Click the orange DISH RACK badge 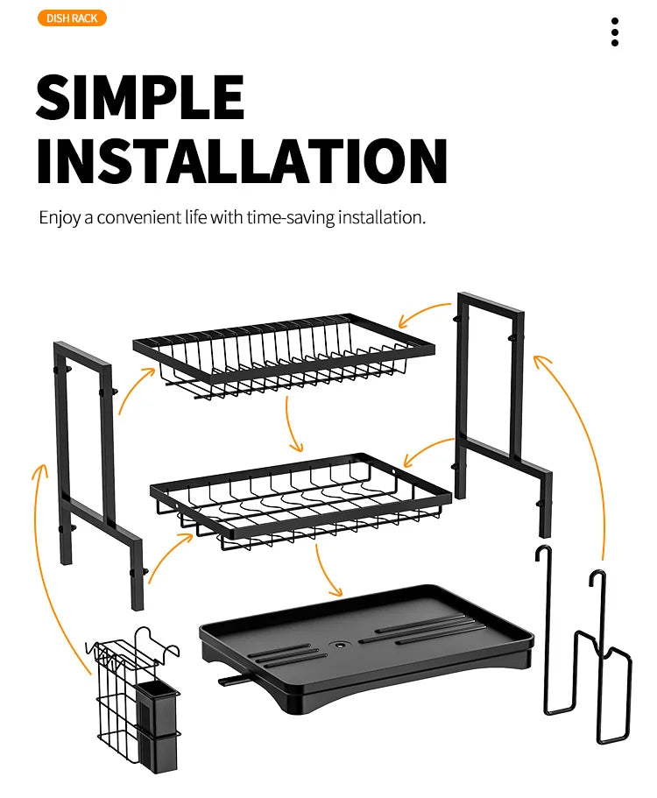coord(72,18)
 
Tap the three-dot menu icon coord(615,32)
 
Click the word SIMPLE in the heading coord(140,97)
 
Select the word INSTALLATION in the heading coord(242,160)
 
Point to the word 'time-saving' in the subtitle coord(291,217)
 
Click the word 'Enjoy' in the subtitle coord(60,218)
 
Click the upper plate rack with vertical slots coord(284,354)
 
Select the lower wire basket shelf coord(300,501)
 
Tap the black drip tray coord(366,647)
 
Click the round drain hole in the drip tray coord(338,646)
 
